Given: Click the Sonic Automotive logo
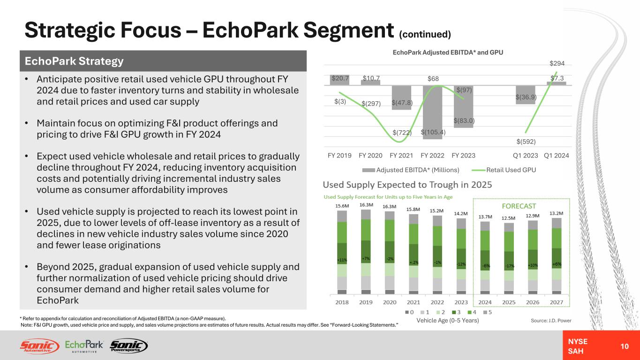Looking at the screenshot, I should pyautogui.click(x=39, y=346).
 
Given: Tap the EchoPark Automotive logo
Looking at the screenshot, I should pyautogui.click(x=84, y=346).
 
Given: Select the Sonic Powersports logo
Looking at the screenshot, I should pyautogui.click(x=128, y=346).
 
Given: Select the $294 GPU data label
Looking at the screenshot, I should pyautogui.click(x=557, y=63).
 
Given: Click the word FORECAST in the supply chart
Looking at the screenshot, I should pyautogui.click(x=520, y=206).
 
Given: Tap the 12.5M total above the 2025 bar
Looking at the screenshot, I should pyautogui.click(x=509, y=218).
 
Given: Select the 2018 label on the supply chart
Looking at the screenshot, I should pyautogui.click(x=342, y=302).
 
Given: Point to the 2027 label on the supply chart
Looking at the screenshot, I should pyautogui.click(x=556, y=302).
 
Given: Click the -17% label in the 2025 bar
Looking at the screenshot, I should pyautogui.click(x=509, y=266).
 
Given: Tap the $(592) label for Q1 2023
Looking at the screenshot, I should pyautogui.click(x=526, y=141).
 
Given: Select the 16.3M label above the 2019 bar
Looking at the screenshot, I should pyautogui.click(x=366, y=205).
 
